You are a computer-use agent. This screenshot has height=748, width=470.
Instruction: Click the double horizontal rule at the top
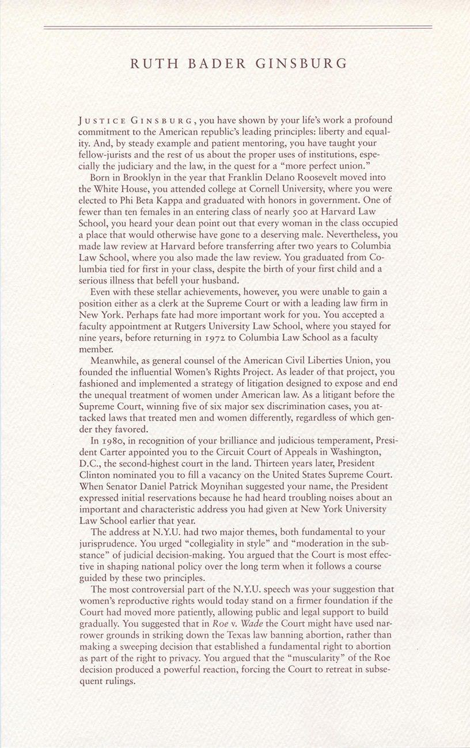click(237, 27)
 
